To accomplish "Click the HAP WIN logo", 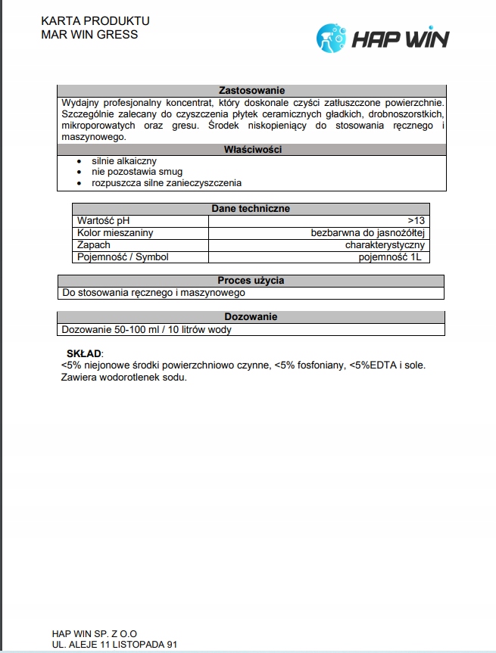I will pyautogui.click(x=382, y=36).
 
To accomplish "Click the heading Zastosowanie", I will pyautogui.click(x=251, y=90).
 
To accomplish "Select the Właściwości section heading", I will pyautogui.click(x=251, y=150).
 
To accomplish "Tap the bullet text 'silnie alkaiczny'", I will pyautogui.click(x=124, y=161).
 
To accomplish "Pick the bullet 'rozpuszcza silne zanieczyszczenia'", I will pyautogui.click(x=167, y=182).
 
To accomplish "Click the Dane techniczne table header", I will pyautogui.click(x=251, y=209).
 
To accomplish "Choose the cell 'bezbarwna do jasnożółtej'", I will pyautogui.click(x=369, y=233).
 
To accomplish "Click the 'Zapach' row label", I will pyautogui.click(x=94, y=245).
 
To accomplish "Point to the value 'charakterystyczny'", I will pyautogui.click(x=385, y=245).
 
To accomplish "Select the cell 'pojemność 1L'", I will pyautogui.click(x=392, y=257).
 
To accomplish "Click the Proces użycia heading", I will pyautogui.click(x=251, y=281).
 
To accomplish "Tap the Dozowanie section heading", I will pyautogui.click(x=251, y=317).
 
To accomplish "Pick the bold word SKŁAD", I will pyautogui.click(x=83, y=353).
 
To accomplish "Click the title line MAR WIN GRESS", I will pyautogui.click(x=89, y=35).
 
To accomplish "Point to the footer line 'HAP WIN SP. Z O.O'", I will pyautogui.click(x=95, y=633).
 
